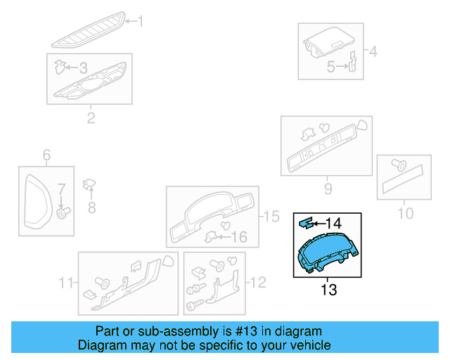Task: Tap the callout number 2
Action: coord(91,117)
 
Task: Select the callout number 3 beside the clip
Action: coord(83,68)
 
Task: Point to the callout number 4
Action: coord(373,51)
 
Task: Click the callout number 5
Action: coord(330,67)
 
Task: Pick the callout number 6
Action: coord(47,155)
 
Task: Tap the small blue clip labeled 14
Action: coord(305,223)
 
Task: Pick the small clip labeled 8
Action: coord(89,185)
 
